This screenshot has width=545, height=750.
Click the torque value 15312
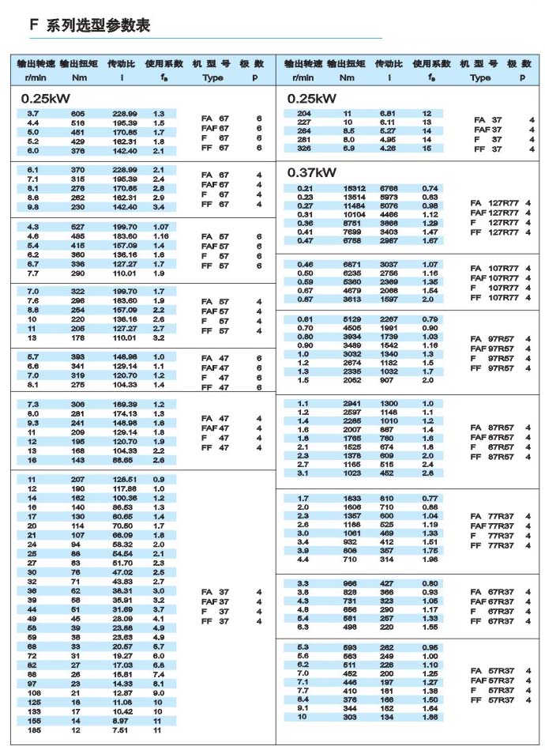(x=352, y=188)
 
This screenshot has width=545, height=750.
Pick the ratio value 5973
(x=391, y=197)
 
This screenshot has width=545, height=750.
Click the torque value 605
(x=78, y=115)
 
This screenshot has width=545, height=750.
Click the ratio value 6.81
(x=387, y=115)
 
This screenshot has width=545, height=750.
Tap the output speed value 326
(x=303, y=149)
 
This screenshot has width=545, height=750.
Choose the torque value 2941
(x=352, y=403)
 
